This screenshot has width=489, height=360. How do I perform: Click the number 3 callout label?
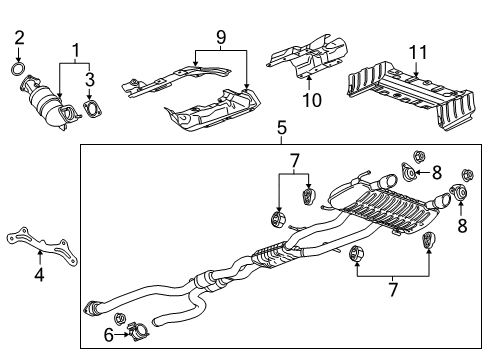pyautogui.click(x=90, y=78)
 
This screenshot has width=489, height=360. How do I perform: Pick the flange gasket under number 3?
pyautogui.click(x=91, y=109)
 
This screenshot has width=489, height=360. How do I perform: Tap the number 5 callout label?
pyautogui.click(x=283, y=128)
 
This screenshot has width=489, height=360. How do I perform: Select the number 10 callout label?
pyautogui.click(x=310, y=99)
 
